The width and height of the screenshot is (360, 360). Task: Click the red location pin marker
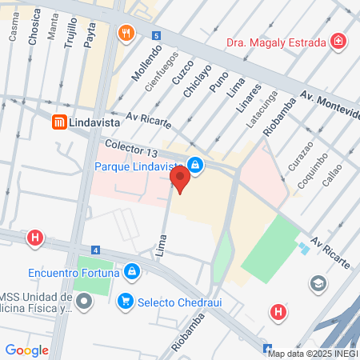click(x=180, y=179)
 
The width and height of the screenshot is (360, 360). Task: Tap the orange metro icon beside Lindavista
click(x=58, y=122)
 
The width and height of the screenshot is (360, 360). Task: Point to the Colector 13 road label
click(x=133, y=147)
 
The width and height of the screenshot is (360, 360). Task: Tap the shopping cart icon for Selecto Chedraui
click(x=125, y=301)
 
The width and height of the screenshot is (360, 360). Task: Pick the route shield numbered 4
click(x=95, y=250)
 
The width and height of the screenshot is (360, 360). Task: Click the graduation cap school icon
click(x=318, y=283)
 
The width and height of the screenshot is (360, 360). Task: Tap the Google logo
click(x=26, y=350)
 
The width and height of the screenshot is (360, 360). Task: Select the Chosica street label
click(x=34, y=50)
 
